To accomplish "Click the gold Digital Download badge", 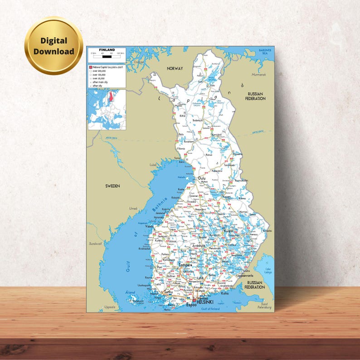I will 54,46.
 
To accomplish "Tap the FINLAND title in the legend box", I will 107,49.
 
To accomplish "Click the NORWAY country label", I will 175,68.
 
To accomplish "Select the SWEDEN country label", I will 112,186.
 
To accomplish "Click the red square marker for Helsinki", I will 194,301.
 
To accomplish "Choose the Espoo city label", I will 191,305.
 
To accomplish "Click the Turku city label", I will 168,293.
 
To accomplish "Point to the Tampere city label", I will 185,265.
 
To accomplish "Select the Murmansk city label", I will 259,74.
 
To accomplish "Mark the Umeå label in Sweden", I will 133,208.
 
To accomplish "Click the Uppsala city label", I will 110,307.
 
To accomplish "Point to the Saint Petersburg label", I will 266,306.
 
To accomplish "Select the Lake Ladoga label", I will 268,271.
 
